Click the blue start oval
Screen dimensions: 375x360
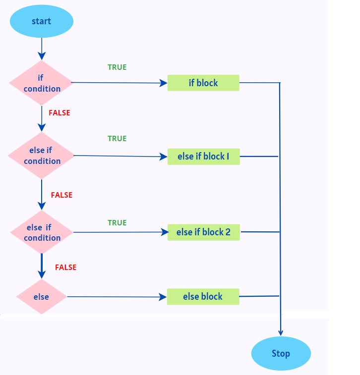coord(42,21)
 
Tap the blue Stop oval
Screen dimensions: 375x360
coord(281,354)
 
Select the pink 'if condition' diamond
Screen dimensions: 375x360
coord(42,83)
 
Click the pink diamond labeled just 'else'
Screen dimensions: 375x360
coord(41,297)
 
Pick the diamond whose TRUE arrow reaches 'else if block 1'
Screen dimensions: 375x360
coord(42,156)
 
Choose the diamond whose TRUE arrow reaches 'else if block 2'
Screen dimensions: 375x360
coord(42,232)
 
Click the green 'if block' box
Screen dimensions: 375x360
coord(203,83)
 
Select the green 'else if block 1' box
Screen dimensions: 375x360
coord(203,157)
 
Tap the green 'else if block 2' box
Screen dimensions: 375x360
coord(203,232)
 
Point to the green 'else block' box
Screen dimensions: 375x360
coord(203,297)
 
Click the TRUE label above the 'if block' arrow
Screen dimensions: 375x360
coord(117,67)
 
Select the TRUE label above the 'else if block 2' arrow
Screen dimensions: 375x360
coord(117,223)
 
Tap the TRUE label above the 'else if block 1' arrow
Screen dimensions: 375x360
coord(117,139)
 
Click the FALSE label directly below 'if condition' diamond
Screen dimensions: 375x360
coord(60,113)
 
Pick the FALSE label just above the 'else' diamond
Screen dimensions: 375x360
coord(65,268)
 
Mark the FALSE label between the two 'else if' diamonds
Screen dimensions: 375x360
coord(61,195)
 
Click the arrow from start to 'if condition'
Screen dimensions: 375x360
coord(42,49)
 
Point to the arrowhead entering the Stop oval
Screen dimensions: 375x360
coord(281,333)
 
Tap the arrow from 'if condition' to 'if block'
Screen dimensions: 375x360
coord(119,83)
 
